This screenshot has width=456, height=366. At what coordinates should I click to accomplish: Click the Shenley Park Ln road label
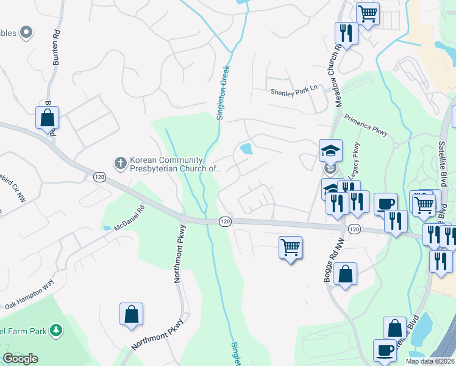tap(294, 90)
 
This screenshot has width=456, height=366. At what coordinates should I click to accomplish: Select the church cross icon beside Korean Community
tap(120, 163)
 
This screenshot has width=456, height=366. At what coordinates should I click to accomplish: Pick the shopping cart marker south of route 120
tap(291, 248)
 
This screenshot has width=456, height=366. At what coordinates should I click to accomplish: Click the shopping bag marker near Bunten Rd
tap(47, 118)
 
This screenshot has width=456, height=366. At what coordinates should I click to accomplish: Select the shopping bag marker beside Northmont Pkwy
tap(131, 315)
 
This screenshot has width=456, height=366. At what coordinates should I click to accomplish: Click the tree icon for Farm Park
tap(56, 330)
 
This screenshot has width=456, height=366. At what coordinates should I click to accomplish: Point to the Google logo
tap(20, 359)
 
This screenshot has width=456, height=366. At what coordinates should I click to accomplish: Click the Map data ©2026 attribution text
tap(430, 361)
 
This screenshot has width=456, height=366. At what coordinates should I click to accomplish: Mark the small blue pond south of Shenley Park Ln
tap(247, 148)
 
